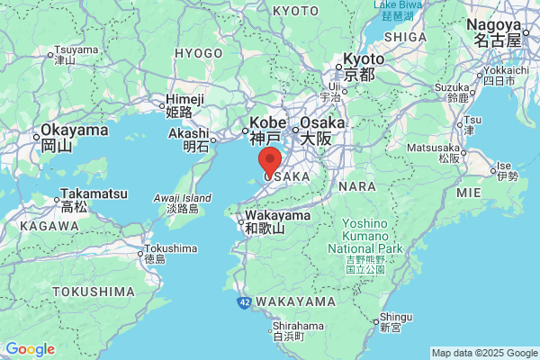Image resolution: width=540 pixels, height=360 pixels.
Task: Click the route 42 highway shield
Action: pos(243,302)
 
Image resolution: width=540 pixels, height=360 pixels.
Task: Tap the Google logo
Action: pos(30,349)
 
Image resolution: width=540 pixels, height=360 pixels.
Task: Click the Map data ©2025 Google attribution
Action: pos(483,353)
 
